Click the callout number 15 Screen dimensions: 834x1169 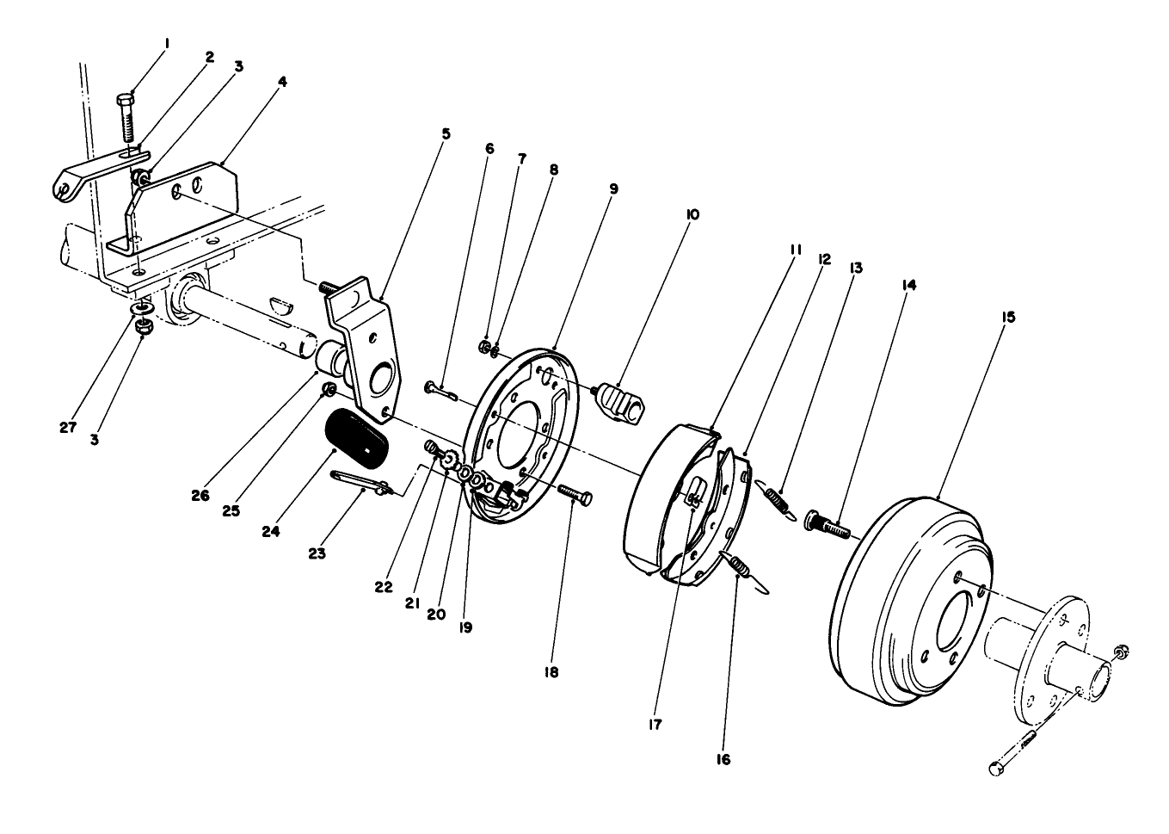[x=1008, y=317]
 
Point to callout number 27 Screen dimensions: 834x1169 [x=68, y=427]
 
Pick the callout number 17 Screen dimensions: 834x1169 [x=655, y=725]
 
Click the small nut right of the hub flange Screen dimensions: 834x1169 [x=1120, y=654]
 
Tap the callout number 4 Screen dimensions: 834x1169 [x=283, y=83]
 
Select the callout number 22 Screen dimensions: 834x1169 [x=384, y=587]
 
